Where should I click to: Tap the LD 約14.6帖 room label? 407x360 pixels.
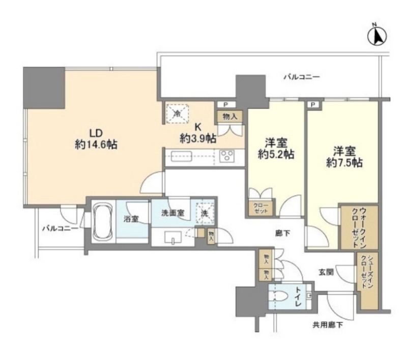click(96, 138)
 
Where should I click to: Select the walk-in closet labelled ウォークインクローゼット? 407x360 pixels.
click(359, 227)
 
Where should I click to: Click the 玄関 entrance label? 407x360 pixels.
click(327, 273)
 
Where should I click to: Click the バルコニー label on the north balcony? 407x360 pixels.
click(301, 77)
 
